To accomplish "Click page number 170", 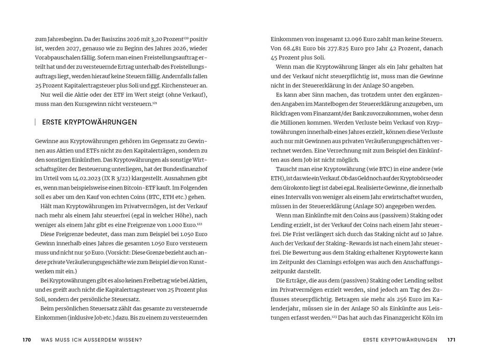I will point(27,340).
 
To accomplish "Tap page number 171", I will point(451,340).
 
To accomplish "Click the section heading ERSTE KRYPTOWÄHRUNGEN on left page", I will point(90,122).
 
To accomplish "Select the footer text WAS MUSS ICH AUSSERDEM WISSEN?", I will point(91,340).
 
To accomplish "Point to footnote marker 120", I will point(186,37).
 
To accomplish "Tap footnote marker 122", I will point(187,224).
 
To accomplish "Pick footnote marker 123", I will point(334,317).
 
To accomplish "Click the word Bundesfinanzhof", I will point(184,169).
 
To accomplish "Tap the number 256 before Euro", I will point(379,299).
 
